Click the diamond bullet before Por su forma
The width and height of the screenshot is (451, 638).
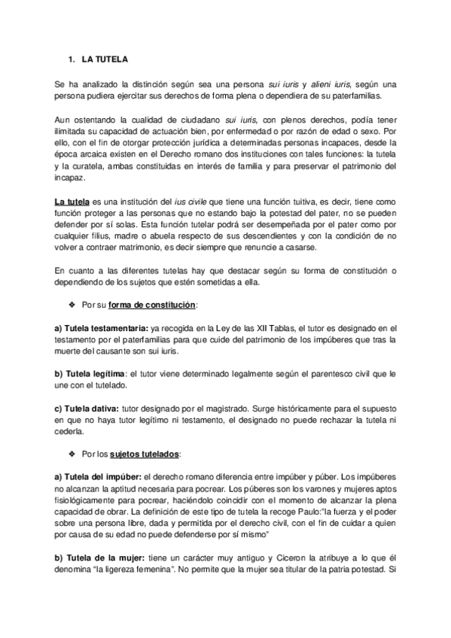pos(73,304)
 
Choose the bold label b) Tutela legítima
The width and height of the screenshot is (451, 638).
pos(90,373)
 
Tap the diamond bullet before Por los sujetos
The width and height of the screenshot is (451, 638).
pos(73,455)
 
